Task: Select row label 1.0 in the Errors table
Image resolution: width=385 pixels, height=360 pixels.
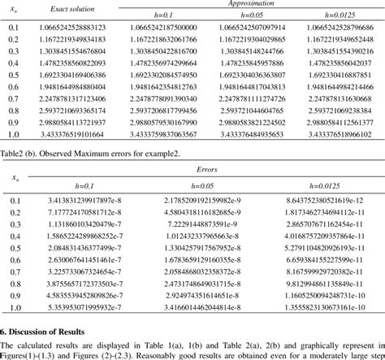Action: (x=15, y=310)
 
